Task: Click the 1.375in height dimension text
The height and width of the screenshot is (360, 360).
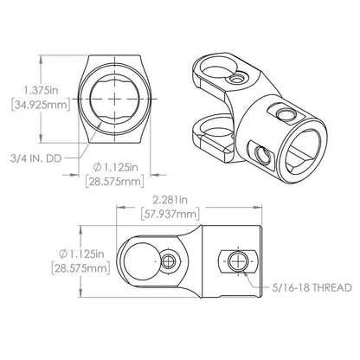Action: pos(42,91)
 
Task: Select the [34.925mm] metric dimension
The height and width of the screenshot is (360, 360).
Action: pos(41,105)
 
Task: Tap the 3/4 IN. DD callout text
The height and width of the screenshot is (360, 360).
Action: pos(36,158)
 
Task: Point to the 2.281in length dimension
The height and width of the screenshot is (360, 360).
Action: pos(170,200)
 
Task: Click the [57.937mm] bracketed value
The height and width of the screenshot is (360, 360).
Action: pos(170,214)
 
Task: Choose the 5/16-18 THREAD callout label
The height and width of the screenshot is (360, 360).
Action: pos(312,287)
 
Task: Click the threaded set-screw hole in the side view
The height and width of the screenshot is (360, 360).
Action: pos(238,262)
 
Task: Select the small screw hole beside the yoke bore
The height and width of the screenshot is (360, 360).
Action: pos(168,261)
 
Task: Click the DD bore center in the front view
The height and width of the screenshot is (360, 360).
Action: pos(114,99)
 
